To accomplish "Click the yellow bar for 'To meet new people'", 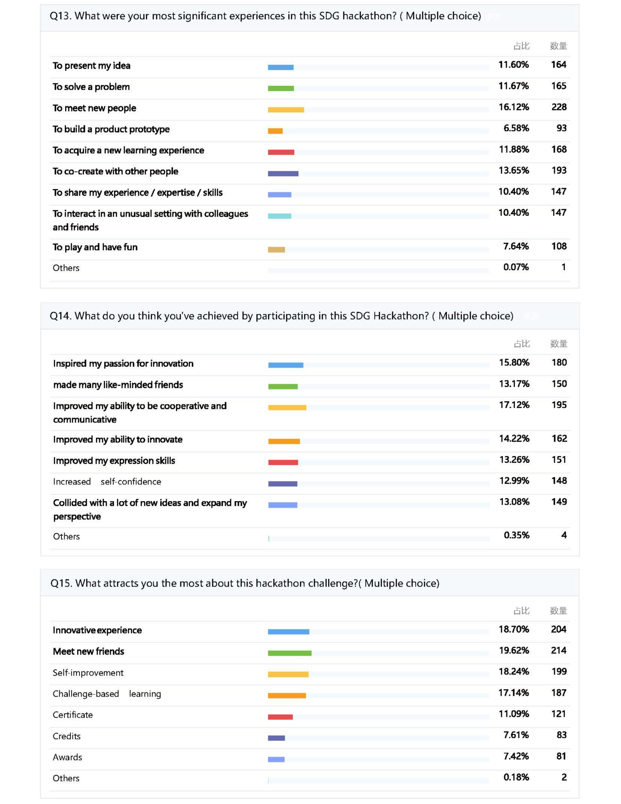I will (x=286, y=110).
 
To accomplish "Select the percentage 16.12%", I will (x=513, y=107).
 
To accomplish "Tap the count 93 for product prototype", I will (x=561, y=128).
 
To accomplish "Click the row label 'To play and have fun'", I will (x=95, y=247).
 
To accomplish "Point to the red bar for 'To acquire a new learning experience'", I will (x=281, y=152).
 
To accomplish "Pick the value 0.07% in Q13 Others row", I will (x=516, y=267).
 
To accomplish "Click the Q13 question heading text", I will (x=265, y=16).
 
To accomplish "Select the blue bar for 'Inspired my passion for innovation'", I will (x=286, y=365).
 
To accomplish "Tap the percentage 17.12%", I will (x=514, y=405).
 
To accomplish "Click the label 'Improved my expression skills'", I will (x=114, y=461).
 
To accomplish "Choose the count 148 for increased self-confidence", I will (x=559, y=481).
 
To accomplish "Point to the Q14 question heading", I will (x=281, y=316).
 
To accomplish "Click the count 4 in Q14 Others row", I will (x=564, y=535).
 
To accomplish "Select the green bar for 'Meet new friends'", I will (x=289, y=653).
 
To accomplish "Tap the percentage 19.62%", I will (x=514, y=650).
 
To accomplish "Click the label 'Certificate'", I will (x=73, y=715).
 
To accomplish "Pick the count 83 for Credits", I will (x=561, y=735).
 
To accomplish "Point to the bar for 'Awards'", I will (x=276, y=759).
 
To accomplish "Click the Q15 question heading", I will (x=245, y=583).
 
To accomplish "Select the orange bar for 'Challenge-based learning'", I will (x=287, y=695).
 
